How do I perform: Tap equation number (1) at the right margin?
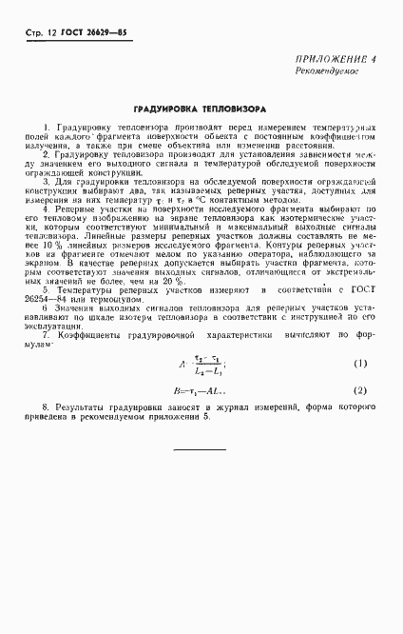[x=360, y=336]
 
